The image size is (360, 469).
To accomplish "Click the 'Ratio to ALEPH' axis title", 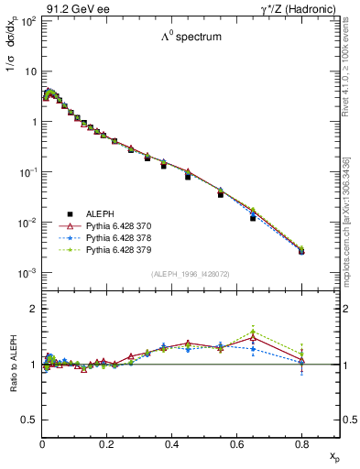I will pyautogui.click(x=13, y=365).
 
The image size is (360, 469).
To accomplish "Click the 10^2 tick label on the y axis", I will pyautogui.click(x=29, y=20).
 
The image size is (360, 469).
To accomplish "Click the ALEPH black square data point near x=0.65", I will pyautogui.click(x=253, y=218).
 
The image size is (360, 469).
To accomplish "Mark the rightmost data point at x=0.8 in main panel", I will pyautogui.click(x=301, y=250).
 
